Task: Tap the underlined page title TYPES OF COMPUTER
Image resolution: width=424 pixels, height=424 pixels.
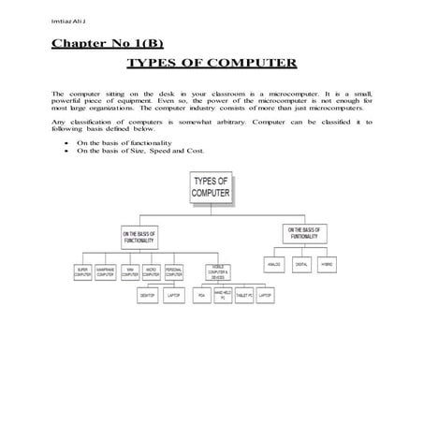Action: [x=211, y=64]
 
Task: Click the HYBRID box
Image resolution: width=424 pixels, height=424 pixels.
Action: [x=326, y=264]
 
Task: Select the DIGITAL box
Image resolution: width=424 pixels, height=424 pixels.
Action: [x=301, y=264]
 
